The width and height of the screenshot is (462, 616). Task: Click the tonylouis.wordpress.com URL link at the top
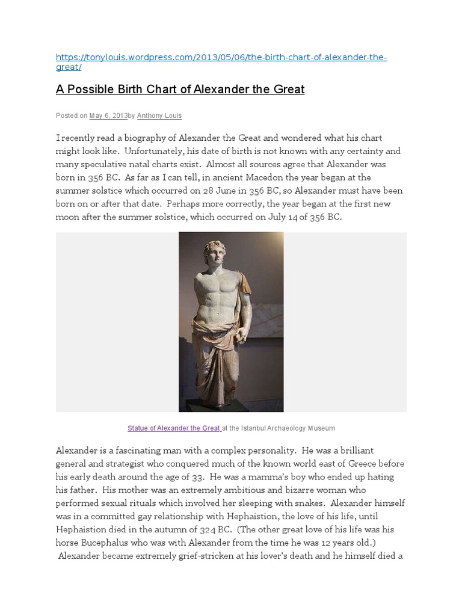point(221,58)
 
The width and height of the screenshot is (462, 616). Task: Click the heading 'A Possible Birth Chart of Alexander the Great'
point(180,90)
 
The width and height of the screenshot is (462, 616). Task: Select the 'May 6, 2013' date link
point(108,115)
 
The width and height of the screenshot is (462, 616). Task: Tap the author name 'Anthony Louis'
point(159,115)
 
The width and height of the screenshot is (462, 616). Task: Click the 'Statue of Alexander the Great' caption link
point(174,428)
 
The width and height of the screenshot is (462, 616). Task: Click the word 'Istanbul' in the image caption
point(255,428)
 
